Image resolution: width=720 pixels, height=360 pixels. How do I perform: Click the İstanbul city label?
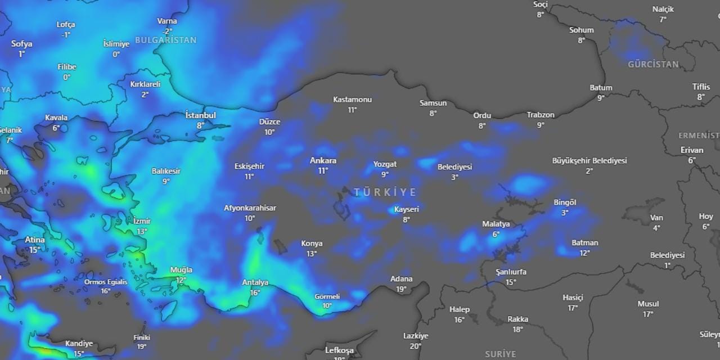click(x=201, y=115)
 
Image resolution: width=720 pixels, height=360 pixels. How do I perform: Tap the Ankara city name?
click(x=323, y=161)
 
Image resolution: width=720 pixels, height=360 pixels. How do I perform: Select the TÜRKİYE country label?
click(x=385, y=192)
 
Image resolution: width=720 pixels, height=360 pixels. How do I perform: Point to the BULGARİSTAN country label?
click(x=165, y=40)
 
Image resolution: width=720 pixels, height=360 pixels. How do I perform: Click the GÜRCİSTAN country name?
click(x=653, y=65)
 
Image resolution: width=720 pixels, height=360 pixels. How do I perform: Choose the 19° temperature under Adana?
click(x=401, y=289)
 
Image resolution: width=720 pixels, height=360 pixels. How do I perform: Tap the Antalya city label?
click(x=255, y=282)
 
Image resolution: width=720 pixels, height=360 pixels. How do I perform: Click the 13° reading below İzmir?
click(x=142, y=231)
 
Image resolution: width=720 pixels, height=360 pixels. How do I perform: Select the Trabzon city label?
click(x=540, y=115)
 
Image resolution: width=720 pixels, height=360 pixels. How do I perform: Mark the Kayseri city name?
click(x=406, y=209)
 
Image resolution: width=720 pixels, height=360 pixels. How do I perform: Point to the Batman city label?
click(x=584, y=243)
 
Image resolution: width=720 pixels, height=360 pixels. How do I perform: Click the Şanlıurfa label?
click(x=511, y=272)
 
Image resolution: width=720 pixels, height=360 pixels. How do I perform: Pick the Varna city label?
click(x=167, y=21)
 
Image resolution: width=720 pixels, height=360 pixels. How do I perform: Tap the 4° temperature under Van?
click(x=656, y=228)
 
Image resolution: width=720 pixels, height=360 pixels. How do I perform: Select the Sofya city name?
click(x=21, y=44)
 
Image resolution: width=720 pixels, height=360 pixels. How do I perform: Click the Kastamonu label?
click(x=352, y=100)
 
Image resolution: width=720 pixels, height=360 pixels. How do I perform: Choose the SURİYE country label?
click(x=500, y=354)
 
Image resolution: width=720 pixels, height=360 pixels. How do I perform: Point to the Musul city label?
click(x=648, y=304)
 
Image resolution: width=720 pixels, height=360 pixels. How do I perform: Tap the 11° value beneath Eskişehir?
click(x=249, y=177)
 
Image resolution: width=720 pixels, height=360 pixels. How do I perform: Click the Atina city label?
click(x=34, y=240)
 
